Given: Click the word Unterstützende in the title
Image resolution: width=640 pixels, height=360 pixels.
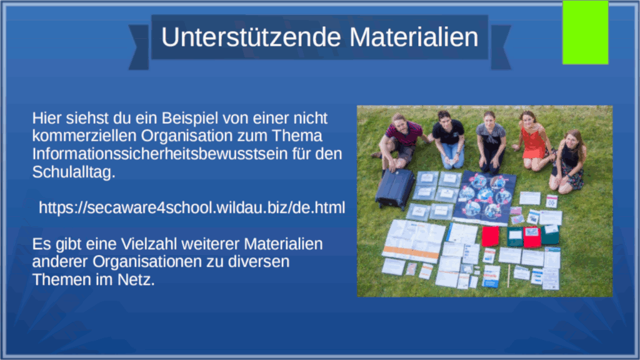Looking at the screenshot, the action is click(251, 37).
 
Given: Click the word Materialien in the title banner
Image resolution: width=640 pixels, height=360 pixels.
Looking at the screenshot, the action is click(414, 37).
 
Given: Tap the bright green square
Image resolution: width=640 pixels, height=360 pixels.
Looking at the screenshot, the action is click(585, 32).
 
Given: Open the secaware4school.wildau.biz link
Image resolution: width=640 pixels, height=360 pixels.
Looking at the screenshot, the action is click(192, 207).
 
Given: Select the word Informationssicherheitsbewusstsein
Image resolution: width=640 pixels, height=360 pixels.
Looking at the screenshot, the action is click(160, 154).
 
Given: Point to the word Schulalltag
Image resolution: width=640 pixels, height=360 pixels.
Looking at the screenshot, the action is click(74, 172).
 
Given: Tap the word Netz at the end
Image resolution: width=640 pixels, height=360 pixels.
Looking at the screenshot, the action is click(136, 280).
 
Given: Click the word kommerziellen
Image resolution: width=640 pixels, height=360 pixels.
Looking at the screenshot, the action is click(84, 136).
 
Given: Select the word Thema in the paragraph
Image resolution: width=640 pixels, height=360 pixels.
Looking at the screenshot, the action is click(297, 136).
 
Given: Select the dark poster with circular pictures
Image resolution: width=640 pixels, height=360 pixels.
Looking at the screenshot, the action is click(484, 197).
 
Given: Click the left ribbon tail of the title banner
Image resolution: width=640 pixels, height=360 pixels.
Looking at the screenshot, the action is click(139, 47).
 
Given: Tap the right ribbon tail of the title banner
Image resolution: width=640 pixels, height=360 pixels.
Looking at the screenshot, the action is click(501, 47).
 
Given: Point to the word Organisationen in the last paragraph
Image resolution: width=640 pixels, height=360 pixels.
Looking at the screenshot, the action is click(147, 262).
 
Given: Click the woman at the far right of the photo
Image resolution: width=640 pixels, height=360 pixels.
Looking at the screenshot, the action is click(568, 161).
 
